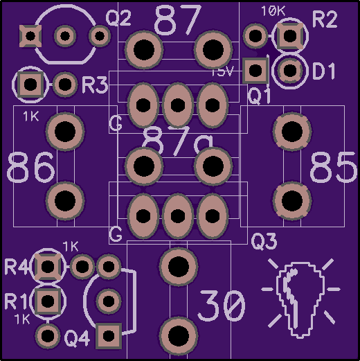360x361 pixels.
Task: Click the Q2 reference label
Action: [x=118, y=18]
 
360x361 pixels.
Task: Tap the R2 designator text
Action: [x=325, y=19]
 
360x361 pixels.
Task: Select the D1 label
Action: [x=324, y=71]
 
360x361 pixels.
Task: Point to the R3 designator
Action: [x=95, y=85]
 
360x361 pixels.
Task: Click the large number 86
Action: [x=31, y=167]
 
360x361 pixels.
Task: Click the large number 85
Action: [x=333, y=167]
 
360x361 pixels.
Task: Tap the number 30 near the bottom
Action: [x=222, y=306]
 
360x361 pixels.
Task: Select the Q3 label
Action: [x=264, y=242]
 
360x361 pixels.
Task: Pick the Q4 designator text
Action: [x=77, y=339]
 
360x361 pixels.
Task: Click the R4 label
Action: [x=16, y=267]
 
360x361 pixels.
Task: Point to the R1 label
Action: [x=16, y=301]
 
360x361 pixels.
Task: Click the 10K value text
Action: [x=273, y=11]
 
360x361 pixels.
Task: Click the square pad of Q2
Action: [x=30, y=36]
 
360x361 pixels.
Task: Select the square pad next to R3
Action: [x=30, y=85]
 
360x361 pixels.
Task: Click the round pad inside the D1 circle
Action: [x=290, y=71]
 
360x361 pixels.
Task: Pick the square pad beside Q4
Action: [x=109, y=335]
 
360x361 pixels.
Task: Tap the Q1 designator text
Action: [x=259, y=96]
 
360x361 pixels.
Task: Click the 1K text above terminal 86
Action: [x=31, y=116]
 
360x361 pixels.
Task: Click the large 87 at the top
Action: [x=178, y=20]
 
